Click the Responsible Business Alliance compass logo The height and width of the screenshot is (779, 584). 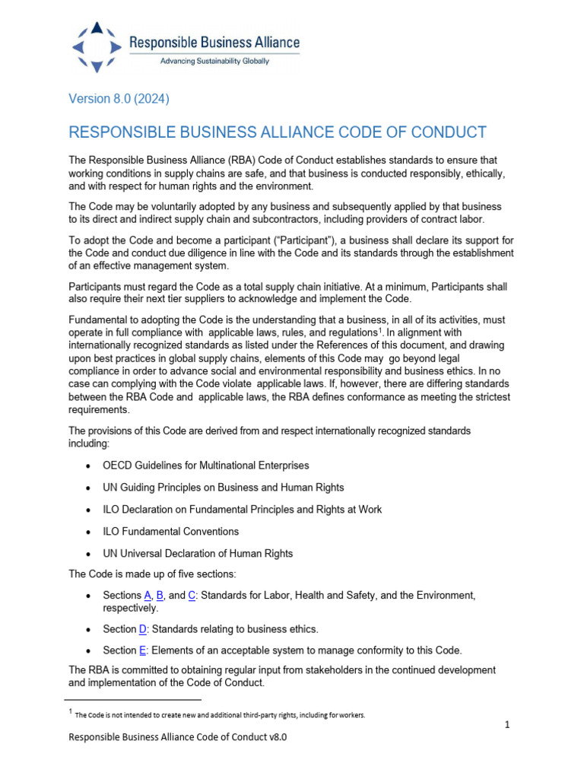click(x=96, y=47)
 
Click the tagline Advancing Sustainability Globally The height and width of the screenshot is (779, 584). click(x=214, y=62)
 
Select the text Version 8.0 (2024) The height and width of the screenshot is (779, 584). click(x=119, y=100)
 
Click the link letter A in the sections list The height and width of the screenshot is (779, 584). click(x=148, y=595)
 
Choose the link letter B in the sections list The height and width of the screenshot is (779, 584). click(x=160, y=595)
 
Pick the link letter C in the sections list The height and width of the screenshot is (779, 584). click(x=192, y=595)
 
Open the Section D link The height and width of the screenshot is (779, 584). click(x=142, y=629)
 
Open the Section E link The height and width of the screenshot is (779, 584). click(x=142, y=650)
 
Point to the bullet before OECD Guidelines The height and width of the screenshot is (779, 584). click(x=91, y=466)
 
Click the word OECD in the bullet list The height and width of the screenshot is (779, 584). click(x=119, y=466)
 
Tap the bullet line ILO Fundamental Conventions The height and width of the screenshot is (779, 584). click(x=171, y=532)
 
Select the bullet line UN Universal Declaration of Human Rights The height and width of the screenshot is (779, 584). click(x=198, y=554)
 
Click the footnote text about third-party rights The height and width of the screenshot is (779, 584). click(x=221, y=715)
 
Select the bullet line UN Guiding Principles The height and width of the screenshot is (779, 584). click(x=224, y=488)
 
